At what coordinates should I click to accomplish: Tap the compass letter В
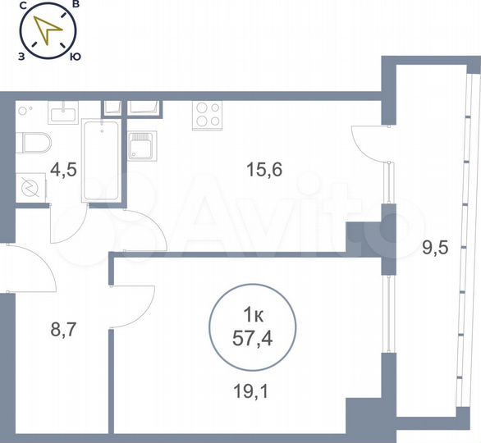click(76, 5)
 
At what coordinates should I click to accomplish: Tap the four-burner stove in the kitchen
click(207, 115)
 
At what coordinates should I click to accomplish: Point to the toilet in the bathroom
click(34, 144)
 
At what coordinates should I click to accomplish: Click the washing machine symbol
click(30, 188)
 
